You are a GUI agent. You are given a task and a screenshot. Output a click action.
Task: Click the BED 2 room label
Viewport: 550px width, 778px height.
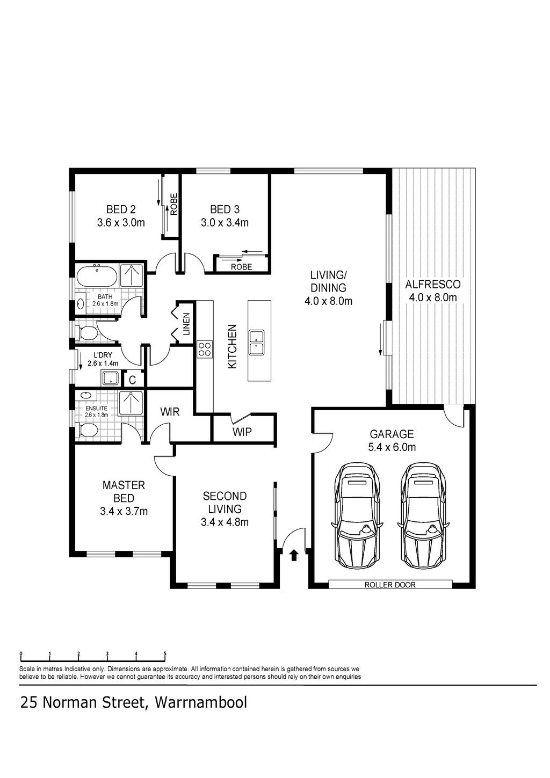121,209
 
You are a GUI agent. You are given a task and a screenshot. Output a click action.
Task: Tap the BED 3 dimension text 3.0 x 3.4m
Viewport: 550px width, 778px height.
225,223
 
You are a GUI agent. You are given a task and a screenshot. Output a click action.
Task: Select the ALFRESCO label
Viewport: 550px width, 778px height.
432,285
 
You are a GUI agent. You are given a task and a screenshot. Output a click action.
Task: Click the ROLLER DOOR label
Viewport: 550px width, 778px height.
390,585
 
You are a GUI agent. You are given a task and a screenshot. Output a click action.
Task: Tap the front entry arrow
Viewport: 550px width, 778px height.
294,555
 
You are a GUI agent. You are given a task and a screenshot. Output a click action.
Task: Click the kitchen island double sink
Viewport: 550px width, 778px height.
256,343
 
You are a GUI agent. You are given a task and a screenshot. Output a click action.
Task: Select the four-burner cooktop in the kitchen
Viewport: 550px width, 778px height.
204,350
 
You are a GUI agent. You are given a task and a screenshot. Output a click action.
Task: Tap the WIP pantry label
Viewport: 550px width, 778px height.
242,432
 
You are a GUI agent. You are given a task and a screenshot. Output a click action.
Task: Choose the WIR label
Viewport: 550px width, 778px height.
170,412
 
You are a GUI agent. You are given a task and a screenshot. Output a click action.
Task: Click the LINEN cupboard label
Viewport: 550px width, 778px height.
186,324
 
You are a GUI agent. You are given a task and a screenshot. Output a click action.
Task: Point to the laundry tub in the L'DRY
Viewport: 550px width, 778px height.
111,378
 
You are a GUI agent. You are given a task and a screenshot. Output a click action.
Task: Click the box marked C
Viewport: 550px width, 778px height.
132,380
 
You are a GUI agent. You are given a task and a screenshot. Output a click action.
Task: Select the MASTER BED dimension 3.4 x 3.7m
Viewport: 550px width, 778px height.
124,511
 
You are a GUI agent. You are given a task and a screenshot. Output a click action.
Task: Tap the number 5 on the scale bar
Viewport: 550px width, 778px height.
165,653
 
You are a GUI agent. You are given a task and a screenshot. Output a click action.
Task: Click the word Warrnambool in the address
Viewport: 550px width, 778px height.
201,702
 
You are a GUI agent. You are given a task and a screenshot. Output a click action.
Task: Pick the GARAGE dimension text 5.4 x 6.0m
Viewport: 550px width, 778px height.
392,447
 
